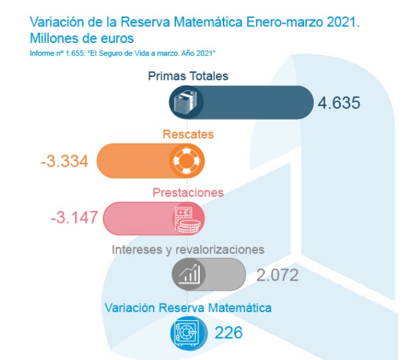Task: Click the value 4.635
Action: [339, 102]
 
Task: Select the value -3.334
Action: [65, 160]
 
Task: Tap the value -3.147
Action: [74, 217]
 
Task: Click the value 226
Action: [229, 332]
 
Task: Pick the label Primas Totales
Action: [188, 76]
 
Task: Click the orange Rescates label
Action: [188, 134]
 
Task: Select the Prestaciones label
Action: [188, 192]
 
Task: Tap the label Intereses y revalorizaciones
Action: [188, 249]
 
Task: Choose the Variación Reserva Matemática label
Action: [188, 307]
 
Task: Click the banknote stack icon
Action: [187, 102]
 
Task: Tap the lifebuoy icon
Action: [187, 160]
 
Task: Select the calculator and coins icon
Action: [187, 218]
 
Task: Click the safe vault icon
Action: [187, 332]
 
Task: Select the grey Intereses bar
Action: [224, 275]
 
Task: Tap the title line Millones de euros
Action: [81, 38]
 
